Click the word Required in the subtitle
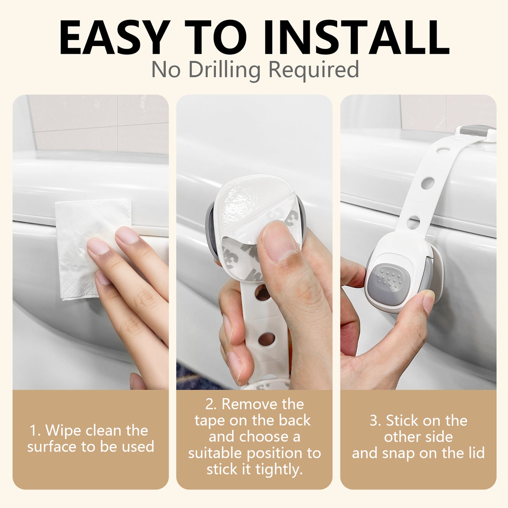[x=314, y=70]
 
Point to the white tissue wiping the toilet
[x=84, y=225]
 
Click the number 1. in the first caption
[x=35, y=431]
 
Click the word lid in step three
[x=475, y=453]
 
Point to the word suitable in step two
[x=216, y=454]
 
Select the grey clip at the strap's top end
[x=475, y=131]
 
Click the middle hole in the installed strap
[x=427, y=183]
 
